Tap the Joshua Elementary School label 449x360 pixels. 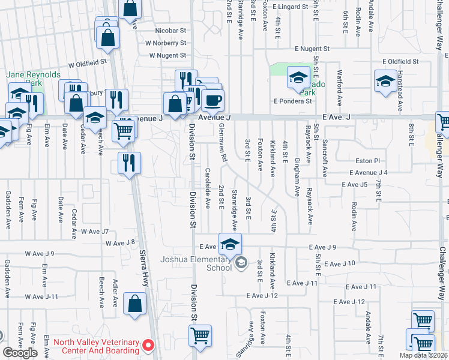196,264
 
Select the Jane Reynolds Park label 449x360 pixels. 33,79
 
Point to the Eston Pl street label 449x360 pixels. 368,161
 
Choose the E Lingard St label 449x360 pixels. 289,7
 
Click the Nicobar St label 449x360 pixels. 171,30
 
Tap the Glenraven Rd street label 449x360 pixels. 223,147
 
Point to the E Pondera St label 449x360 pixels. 293,101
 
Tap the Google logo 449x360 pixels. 20,353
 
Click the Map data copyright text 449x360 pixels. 423,355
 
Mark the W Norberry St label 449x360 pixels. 166,43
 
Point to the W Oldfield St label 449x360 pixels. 87,61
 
